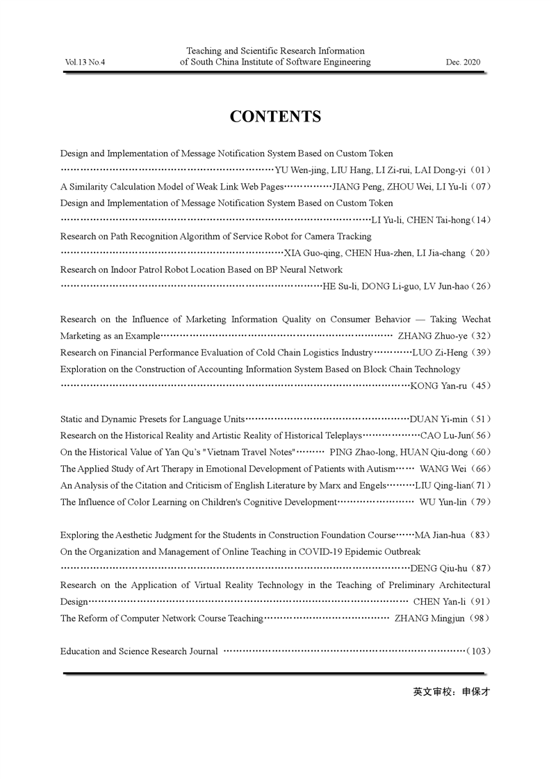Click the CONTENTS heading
coord(275,117)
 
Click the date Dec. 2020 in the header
coord(463,62)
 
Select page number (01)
coord(480,169)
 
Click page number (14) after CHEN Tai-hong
coord(481,220)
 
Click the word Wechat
coord(473,319)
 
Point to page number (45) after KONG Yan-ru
coord(480,386)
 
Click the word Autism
coord(380,469)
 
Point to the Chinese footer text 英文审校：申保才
coord(451,692)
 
